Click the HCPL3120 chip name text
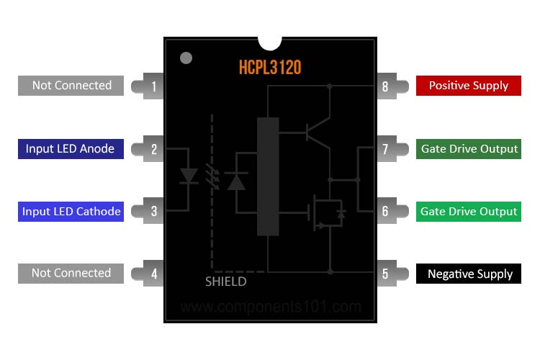pos(270,68)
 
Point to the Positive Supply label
pos(468,86)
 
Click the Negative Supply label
pos(469,274)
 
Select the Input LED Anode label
pos(70,149)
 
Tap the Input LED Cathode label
pos(71,212)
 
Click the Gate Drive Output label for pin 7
pos(469,149)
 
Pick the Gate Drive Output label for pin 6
pos(469,212)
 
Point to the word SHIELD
pos(225,282)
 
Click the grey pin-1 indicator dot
pos(186,58)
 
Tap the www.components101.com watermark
pos(270,307)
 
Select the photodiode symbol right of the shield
pos(236,181)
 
